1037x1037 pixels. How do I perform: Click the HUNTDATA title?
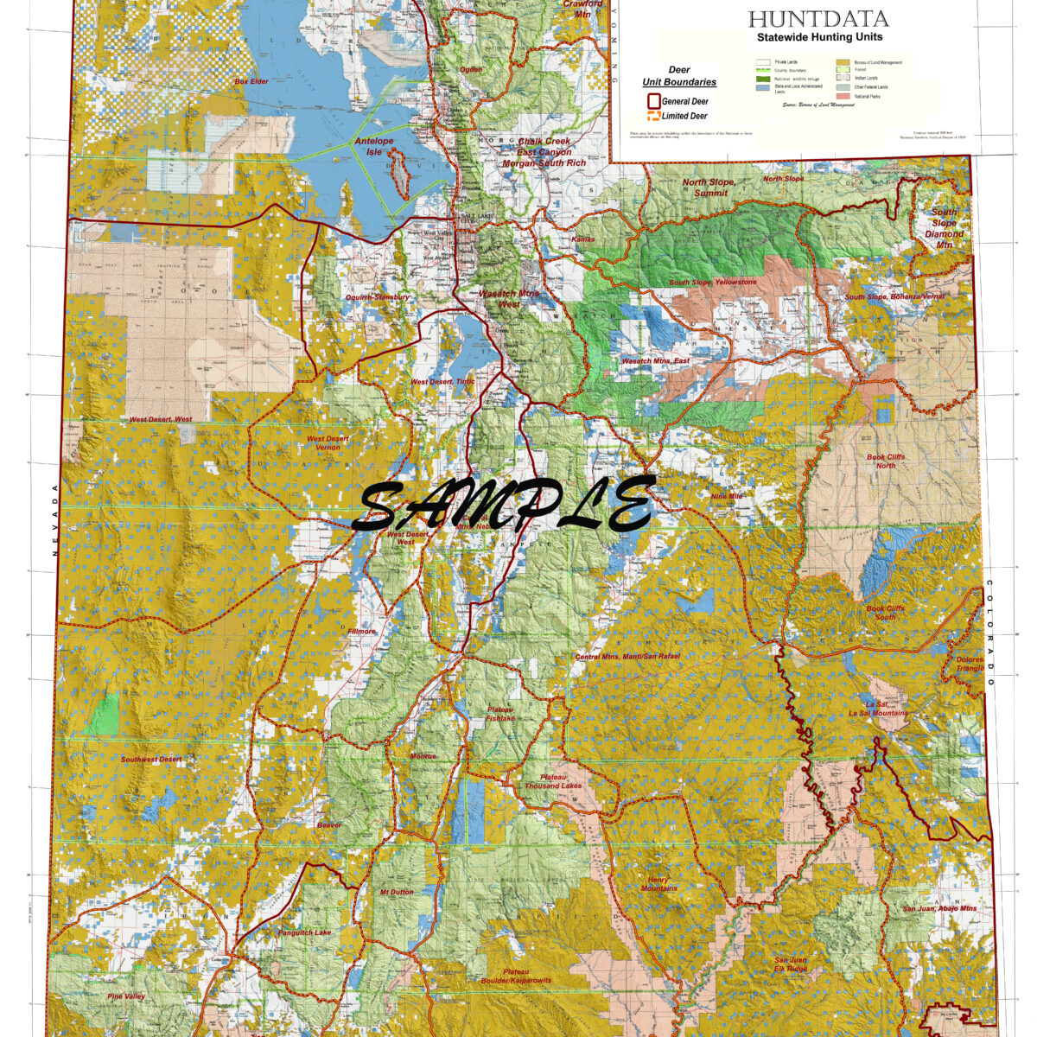818,19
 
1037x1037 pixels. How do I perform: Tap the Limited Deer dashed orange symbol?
654,116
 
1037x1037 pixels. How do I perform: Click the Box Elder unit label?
251,81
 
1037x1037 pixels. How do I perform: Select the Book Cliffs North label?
881,461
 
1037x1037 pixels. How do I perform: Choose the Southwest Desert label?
151,760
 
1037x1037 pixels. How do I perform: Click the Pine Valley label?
127,996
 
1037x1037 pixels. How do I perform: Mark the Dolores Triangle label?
970,664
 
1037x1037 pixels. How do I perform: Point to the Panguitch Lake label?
304,933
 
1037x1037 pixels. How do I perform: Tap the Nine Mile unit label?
727,497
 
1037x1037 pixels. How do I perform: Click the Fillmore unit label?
360,632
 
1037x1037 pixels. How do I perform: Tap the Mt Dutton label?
397,892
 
